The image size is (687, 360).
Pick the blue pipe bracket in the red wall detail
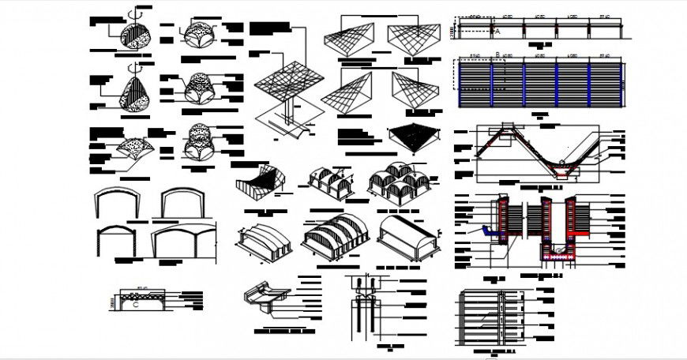(486, 232)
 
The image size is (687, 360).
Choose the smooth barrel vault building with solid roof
(407, 234)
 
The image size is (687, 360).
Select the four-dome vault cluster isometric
(399, 183)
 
